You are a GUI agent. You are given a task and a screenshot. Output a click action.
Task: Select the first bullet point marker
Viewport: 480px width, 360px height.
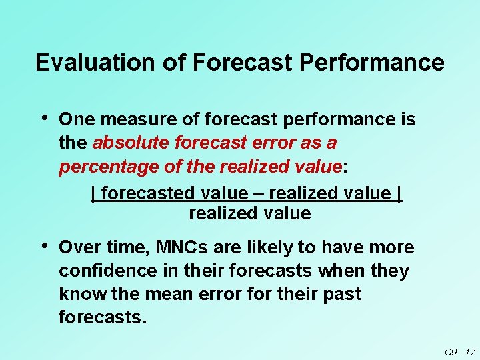coord(44,118)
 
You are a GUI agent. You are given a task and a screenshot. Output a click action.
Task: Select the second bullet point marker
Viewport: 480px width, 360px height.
coord(44,246)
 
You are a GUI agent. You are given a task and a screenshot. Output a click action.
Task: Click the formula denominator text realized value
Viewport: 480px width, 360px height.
coord(249,214)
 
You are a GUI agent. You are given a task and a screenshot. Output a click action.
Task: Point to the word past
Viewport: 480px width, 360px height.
coord(345,293)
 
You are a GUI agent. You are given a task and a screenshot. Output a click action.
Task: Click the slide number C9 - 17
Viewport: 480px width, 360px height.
coord(459,351)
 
